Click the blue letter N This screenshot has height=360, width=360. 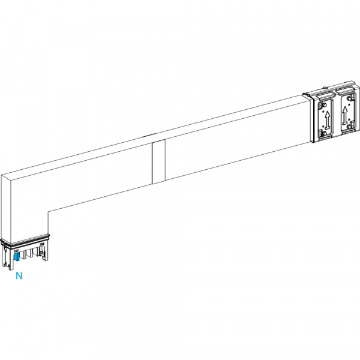coord(19,275)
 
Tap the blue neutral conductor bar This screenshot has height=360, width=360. coord(16,256)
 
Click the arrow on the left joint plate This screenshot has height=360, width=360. coord(328,119)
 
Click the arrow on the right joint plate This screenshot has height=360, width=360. coord(344,115)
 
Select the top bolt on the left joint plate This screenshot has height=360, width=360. coord(324,106)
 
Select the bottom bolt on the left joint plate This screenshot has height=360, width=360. coord(323,133)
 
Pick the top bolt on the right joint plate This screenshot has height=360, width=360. coord(350,98)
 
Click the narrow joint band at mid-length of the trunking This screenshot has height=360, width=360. coord(158,161)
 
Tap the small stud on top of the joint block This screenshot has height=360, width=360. coord(325,88)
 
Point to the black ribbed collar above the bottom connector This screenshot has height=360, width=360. coord(25,240)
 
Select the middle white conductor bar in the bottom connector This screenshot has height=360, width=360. coord(29,254)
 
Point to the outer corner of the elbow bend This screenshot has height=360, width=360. coord(1,175)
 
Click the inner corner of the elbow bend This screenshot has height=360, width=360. coord(48,211)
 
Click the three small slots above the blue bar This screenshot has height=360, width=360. coord(16,251)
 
